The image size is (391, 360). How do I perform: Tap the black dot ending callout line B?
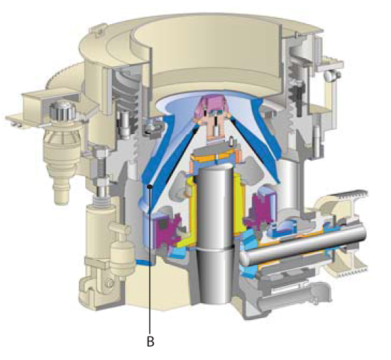pyautogui.click(x=150, y=186)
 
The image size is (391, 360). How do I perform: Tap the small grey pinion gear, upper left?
pyautogui.click(x=62, y=111)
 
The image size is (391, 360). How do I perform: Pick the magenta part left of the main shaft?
pyautogui.click(x=166, y=231)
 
